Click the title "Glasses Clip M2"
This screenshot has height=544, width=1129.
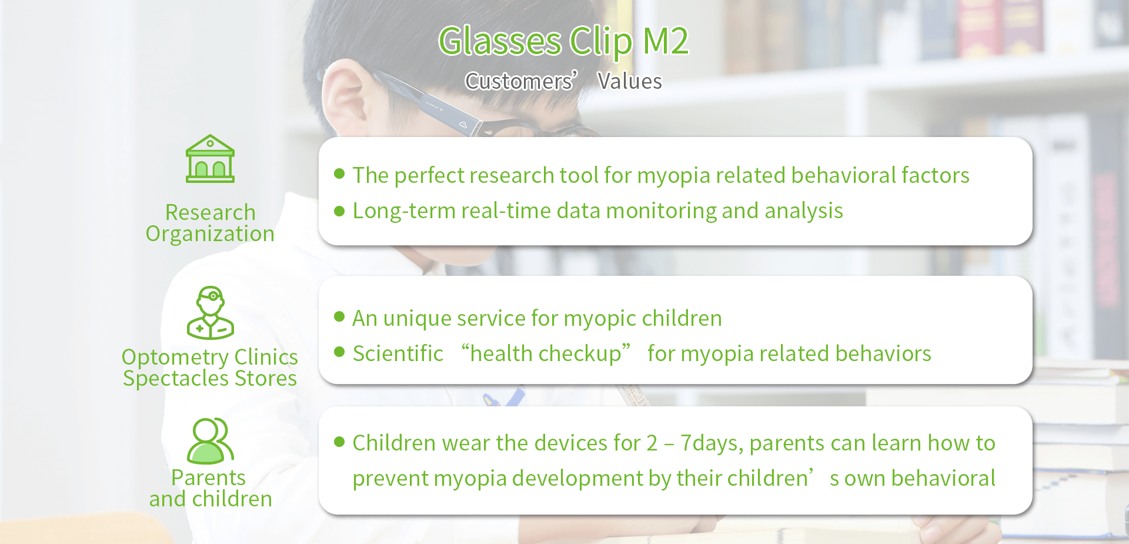point(563,42)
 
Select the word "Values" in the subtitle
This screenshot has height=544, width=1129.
point(630,81)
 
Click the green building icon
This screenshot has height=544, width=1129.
point(210,159)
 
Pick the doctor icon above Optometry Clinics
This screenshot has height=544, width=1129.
point(210,313)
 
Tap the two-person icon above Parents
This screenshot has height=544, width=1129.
point(210,441)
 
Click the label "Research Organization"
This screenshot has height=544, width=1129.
point(210,223)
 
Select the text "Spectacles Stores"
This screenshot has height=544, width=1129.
point(210,378)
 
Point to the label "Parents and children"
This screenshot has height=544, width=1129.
point(210,488)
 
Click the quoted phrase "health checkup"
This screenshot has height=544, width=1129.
point(546,353)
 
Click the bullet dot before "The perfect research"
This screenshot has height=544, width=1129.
point(339,173)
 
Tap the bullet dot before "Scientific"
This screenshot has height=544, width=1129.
point(339,352)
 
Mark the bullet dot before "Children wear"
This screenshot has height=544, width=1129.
point(339,442)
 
